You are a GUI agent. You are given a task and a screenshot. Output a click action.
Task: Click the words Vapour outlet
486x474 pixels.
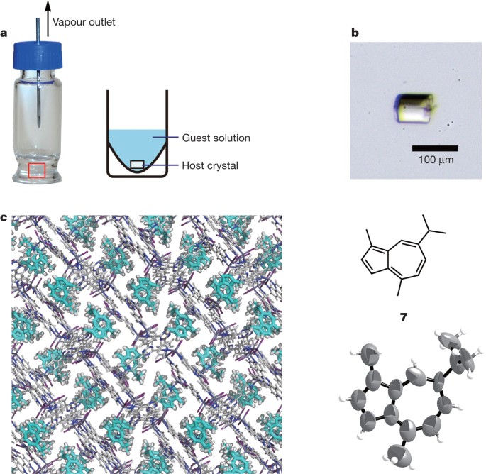pyautogui.click(x=84, y=23)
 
